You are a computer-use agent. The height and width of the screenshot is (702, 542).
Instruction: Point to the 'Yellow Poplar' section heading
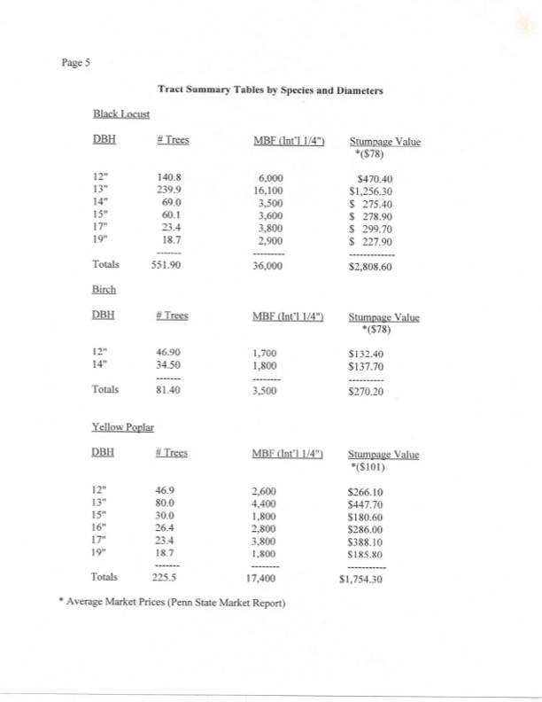pos(123,427)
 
